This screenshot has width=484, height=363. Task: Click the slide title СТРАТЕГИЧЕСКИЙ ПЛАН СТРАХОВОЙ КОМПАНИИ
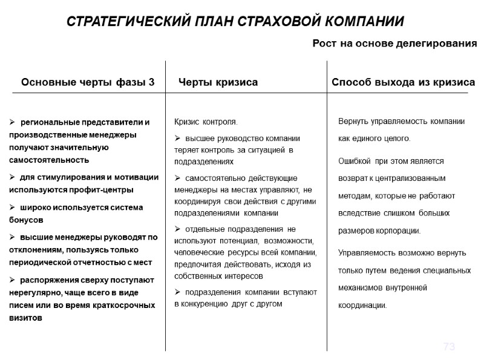click(235, 22)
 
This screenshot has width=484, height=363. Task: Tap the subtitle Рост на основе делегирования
click(394, 44)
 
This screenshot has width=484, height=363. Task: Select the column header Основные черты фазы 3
click(88, 82)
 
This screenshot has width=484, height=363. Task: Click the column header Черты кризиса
click(218, 82)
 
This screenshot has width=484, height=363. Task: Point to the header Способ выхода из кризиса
click(403, 82)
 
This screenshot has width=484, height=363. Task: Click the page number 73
click(449, 347)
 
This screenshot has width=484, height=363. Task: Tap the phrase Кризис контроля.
click(206, 122)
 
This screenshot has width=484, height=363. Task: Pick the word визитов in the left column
click(26, 318)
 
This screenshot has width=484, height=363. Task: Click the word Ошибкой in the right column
click(354, 162)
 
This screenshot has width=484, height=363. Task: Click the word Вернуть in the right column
click(353, 122)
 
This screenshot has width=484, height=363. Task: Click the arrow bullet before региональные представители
click(13, 122)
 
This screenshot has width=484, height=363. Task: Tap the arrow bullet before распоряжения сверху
click(13, 280)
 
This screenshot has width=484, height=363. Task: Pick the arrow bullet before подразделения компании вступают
click(177, 292)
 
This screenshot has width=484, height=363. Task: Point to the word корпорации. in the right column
click(396, 231)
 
